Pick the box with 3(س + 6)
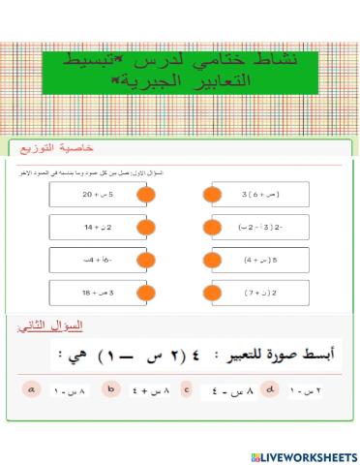260,194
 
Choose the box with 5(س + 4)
260,260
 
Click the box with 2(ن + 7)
260,292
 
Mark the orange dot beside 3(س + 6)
209,194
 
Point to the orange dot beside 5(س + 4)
209,260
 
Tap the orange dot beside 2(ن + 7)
209,292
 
